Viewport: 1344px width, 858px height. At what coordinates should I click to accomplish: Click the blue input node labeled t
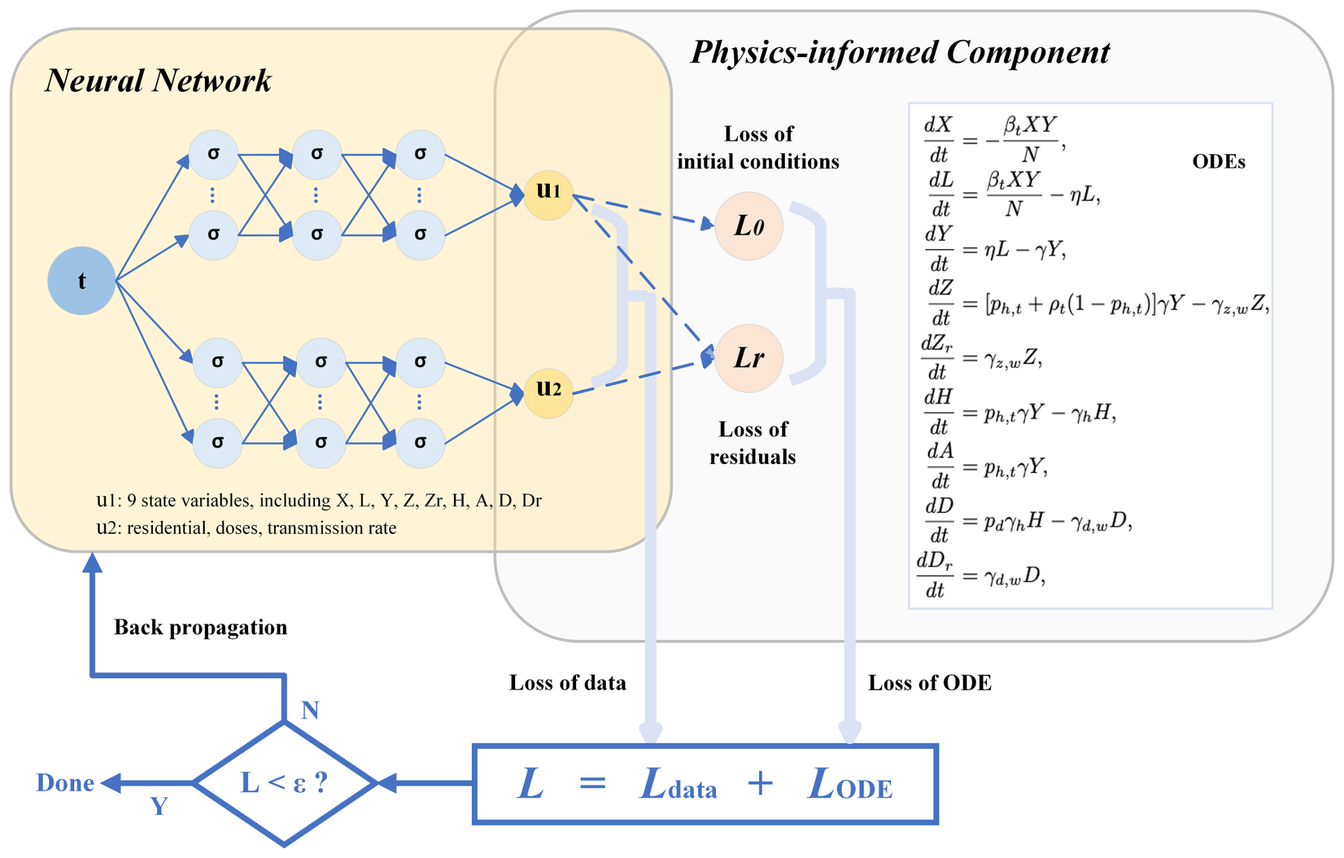(x=81, y=281)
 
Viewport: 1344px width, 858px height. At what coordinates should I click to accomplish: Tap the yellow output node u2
(x=549, y=393)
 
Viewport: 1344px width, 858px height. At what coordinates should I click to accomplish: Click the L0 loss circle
(x=748, y=226)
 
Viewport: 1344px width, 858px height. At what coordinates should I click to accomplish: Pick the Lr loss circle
(x=748, y=358)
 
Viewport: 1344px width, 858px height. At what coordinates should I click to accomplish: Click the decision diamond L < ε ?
(x=285, y=783)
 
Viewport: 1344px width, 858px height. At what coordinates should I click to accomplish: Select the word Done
(x=65, y=783)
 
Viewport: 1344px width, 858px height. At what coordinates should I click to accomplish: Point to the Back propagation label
(x=200, y=627)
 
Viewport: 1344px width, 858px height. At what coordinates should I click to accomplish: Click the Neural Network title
(x=157, y=81)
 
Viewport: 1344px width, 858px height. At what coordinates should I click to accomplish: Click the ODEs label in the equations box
(x=1218, y=161)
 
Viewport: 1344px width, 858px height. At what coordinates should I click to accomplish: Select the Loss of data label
(x=567, y=683)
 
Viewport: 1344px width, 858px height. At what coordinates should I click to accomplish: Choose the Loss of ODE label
(x=929, y=683)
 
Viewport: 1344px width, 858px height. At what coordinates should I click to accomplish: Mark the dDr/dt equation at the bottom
(x=981, y=575)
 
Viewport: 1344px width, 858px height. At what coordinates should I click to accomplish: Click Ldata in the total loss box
(x=678, y=784)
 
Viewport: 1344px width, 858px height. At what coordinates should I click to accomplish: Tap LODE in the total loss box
(x=850, y=784)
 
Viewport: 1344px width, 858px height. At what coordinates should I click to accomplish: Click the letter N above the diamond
(x=310, y=710)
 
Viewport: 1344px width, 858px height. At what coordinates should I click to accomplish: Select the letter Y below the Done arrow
(x=159, y=806)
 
